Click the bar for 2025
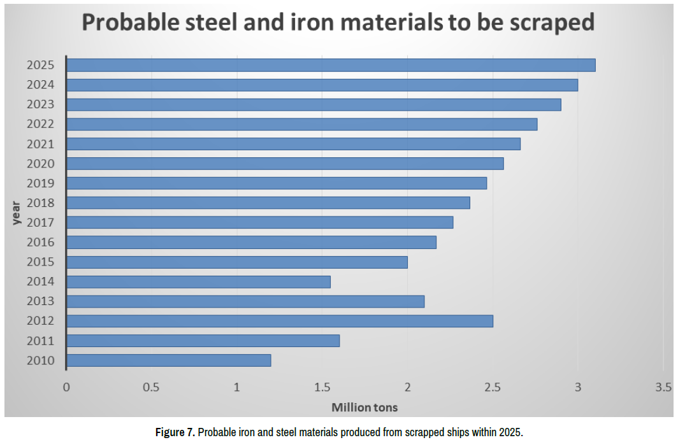coord(331,65)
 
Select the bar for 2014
coord(198,281)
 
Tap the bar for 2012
coord(280,321)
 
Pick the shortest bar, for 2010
coord(169,360)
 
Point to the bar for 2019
coord(277,183)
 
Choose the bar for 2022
coord(302,124)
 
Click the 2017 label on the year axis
coord(41,223)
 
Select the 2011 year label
coord(41,341)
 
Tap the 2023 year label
coord(41,104)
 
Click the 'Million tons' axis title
coord(364,407)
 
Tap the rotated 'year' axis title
coord(17,212)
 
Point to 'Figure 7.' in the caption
coord(175,432)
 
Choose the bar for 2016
coord(251,242)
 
